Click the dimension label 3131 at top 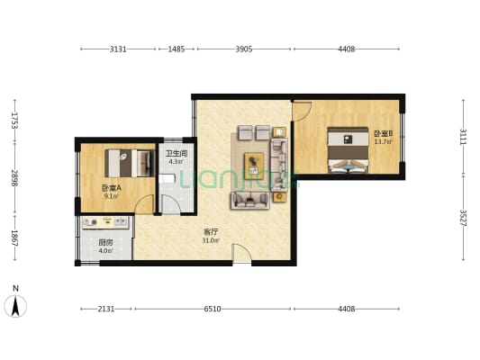pos(118,49)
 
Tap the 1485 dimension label pos(177,49)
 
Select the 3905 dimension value pos(244,49)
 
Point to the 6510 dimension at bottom pos(213,309)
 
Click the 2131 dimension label pos(106,309)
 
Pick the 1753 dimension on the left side pos(14,121)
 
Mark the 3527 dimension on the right pos(463,218)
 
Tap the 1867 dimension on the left pos(14,238)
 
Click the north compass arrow pos(15,306)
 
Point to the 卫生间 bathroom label pos(177,153)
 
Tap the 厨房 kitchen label pos(105,242)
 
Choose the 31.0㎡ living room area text pos(211,240)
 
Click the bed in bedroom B pos(348,150)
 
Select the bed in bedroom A pos(130,163)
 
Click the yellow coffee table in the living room pos(254,164)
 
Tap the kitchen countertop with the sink pos(105,222)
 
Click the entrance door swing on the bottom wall pos(241,253)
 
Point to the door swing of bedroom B pos(302,111)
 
